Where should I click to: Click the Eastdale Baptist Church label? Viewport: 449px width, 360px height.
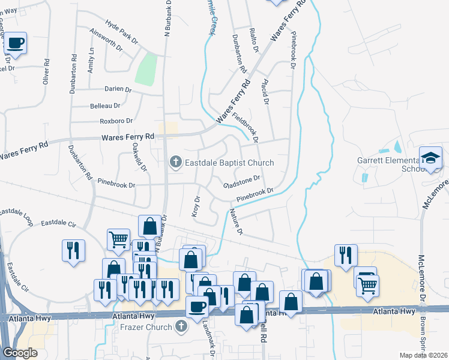point(229,163)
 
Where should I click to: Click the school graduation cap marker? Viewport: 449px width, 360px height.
point(430,158)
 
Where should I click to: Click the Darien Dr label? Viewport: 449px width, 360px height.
point(118,89)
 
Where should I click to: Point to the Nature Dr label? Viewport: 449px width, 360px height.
point(235,222)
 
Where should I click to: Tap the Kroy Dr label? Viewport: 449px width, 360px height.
point(195,206)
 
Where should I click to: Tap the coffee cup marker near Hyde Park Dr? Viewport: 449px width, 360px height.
point(17,43)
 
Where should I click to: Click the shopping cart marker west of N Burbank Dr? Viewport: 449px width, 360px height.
point(118,239)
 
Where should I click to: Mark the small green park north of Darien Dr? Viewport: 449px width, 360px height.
point(146,70)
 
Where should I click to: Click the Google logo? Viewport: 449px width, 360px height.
point(20,353)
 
